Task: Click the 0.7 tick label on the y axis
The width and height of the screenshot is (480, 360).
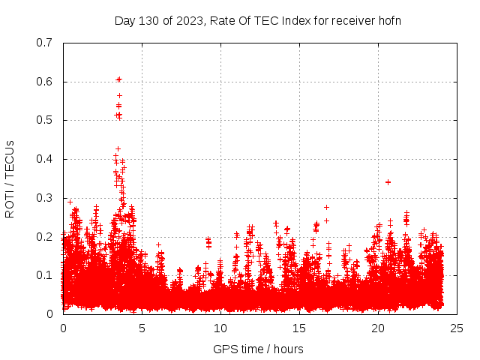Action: tap(46, 43)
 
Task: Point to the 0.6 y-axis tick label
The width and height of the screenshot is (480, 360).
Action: tap(46, 82)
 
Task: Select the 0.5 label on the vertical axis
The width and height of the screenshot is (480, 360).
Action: tap(46, 120)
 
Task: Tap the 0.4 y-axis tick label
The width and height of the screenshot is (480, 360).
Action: tap(46, 159)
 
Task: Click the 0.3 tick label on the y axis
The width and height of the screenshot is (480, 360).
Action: tap(46, 198)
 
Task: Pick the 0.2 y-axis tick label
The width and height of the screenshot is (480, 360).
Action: tap(46, 237)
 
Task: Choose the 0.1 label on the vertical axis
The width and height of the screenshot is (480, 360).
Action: tap(46, 275)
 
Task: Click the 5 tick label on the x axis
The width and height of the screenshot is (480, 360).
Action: tap(142, 328)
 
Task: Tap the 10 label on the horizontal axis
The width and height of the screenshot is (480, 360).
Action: tap(220, 328)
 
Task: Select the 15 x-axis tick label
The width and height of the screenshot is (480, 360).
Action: tap(299, 328)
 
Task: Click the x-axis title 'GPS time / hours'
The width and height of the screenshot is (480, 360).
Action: tap(259, 349)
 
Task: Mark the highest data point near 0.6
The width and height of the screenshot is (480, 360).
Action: tap(118, 79)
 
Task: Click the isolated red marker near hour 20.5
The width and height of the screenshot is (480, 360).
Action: tap(388, 181)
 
